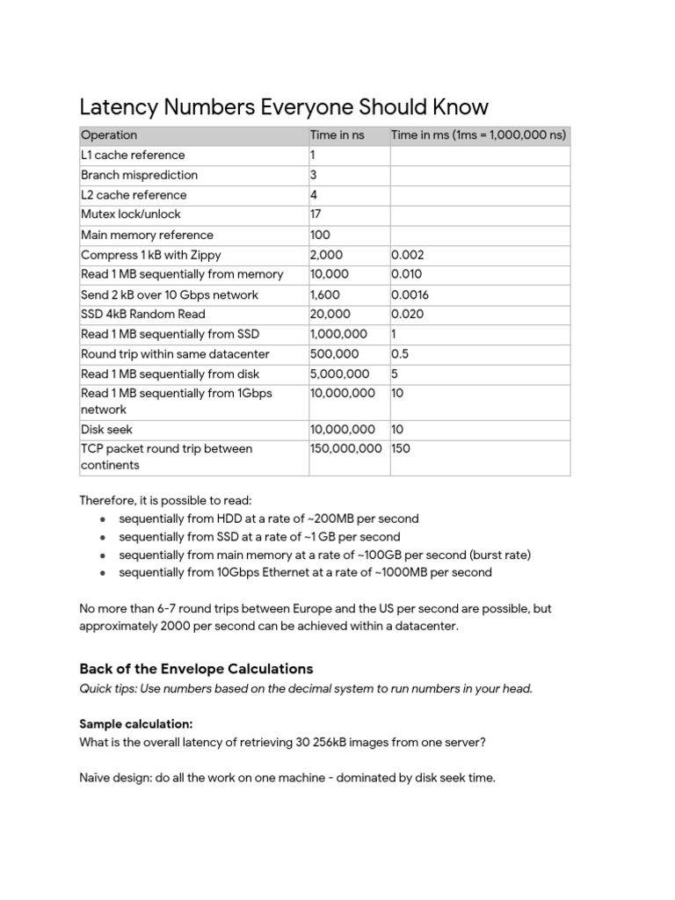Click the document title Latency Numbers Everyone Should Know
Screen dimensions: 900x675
283,107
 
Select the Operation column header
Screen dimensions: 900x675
109,135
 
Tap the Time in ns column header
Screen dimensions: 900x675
337,135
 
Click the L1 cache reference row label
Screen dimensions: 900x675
133,156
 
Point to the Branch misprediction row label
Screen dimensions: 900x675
139,175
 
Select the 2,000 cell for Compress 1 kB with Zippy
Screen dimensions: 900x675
327,255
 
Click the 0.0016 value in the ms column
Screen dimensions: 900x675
410,295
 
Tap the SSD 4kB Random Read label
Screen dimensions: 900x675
142,315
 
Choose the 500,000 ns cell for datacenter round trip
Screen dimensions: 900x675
334,354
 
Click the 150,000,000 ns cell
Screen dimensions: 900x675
346,448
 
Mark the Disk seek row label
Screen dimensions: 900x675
105,430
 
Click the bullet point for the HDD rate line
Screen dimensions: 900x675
103,519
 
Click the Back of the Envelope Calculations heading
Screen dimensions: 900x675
196,669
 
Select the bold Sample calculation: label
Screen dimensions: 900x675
135,723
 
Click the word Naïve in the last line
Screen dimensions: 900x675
96,778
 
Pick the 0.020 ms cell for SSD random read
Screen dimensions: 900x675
407,315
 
